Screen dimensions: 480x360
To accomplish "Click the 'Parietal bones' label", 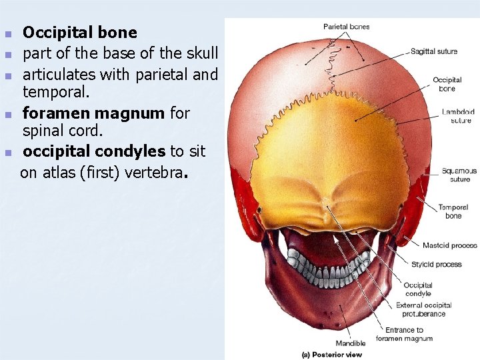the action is [346, 27].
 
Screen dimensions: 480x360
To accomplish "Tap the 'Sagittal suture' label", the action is [434, 51].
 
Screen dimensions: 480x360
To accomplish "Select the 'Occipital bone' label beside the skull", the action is [447, 84].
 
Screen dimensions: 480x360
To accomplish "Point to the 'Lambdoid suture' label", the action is [458, 116].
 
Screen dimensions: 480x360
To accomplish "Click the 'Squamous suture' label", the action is [459, 175].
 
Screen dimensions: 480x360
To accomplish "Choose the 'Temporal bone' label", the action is [453, 211].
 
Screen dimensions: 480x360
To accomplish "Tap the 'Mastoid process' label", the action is [449, 245].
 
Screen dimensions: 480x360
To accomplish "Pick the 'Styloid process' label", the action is [436, 265].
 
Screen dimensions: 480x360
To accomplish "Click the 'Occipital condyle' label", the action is [418, 289].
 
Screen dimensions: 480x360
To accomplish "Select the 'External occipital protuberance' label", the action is [424, 309].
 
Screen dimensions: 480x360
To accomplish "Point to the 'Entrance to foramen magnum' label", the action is [404, 334].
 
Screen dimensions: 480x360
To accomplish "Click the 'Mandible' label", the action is [351, 343].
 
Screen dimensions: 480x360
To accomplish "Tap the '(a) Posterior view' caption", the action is [332, 355].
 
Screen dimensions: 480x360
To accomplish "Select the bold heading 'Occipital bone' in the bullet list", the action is [80, 33].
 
